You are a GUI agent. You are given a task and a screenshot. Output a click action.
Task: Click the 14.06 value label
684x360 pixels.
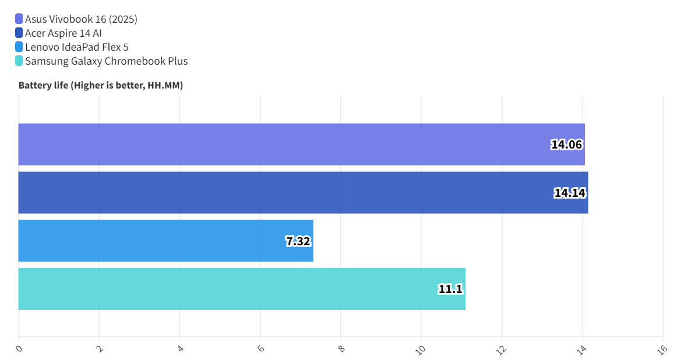point(567,144)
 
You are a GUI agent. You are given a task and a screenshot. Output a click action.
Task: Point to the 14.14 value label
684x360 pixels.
point(570,193)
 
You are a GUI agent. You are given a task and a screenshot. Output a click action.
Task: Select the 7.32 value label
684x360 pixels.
point(298,241)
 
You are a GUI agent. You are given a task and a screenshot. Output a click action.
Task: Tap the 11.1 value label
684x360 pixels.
point(450,289)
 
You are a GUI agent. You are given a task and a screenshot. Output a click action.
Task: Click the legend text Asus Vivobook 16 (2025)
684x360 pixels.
point(81,19)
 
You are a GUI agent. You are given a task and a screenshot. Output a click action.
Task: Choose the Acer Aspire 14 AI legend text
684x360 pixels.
point(64,33)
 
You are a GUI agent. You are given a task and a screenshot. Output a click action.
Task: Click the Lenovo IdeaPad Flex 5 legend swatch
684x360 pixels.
point(19,47)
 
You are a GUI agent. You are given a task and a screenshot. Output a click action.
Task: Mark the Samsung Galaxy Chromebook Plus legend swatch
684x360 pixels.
point(19,61)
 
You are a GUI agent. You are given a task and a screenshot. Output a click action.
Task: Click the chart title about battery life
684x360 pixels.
point(101,86)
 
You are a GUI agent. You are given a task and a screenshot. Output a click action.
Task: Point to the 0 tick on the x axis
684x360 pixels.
point(19,348)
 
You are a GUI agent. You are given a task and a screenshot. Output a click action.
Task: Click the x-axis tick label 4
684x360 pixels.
point(180,348)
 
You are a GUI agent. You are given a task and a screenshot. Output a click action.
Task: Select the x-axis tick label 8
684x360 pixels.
point(341,348)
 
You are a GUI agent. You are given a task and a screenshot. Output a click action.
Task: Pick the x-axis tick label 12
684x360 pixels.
point(500,350)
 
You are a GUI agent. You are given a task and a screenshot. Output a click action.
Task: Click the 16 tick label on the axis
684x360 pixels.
point(662,350)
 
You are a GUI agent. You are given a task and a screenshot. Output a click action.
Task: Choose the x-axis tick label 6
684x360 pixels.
point(260,348)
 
